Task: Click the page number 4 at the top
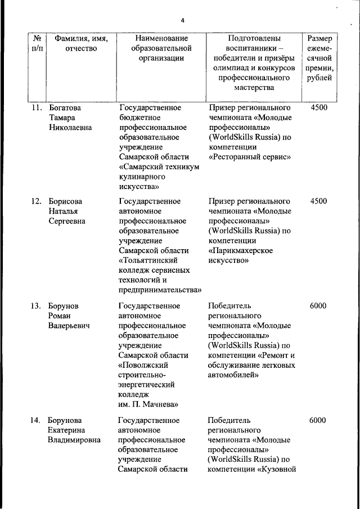tap(182, 21)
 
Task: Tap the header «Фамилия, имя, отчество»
tap(81, 44)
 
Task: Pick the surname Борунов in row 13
tap(64, 306)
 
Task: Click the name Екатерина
tap(70, 430)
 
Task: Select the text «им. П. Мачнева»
tap(148, 403)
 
